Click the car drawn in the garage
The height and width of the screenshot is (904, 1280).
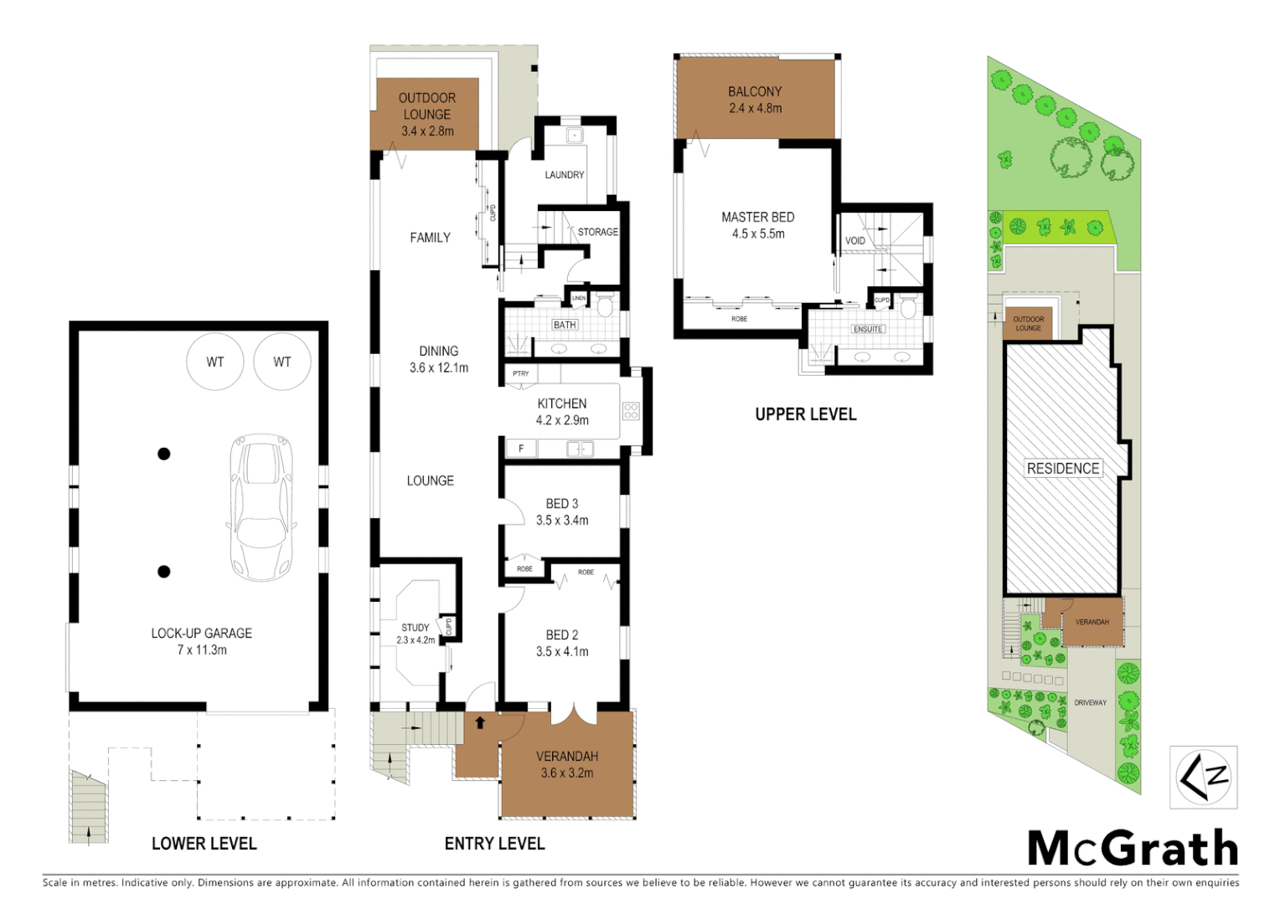click(262, 507)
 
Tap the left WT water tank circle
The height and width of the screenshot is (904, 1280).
click(215, 362)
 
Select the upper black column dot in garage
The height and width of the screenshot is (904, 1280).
click(164, 454)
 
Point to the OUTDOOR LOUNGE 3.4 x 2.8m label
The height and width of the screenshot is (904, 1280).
click(427, 115)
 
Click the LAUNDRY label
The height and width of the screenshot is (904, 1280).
click(565, 175)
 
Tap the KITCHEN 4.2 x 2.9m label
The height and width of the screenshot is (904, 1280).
click(562, 412)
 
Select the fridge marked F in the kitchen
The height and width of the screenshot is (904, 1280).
click(521, 449)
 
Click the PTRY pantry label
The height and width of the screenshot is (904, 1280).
click(521, 373)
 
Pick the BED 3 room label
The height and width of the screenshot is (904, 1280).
click(562, 511)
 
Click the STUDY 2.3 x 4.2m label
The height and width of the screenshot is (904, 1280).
click(415, 634)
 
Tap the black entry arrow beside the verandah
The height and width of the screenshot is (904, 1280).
click(480, 722)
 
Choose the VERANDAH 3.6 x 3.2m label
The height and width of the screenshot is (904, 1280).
click(567, 764)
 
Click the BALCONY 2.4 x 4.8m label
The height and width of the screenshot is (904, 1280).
click(755, 100)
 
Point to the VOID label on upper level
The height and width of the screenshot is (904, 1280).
click(854, 240)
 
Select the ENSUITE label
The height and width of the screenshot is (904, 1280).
click(868, 329)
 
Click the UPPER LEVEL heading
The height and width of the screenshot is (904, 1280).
click(806, 414)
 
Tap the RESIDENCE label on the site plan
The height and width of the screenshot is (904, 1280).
click(1063, 469)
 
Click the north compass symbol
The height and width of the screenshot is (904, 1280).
click(1204, 777)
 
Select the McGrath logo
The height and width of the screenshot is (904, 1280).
click(1133, 849)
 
